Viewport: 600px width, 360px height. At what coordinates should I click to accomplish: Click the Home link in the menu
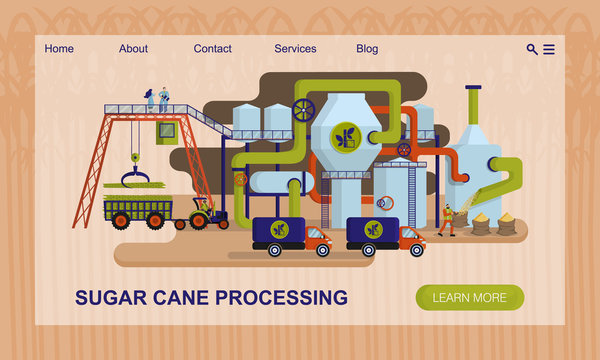[59, 49]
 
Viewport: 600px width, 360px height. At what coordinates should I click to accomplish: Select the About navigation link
[133, 49]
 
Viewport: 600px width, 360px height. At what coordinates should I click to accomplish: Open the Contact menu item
[212, 49]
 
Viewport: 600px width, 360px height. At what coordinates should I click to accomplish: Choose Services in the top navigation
[295, 49]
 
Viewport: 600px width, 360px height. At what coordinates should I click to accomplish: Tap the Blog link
[367, 49]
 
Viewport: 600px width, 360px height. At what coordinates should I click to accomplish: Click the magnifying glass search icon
[532, 49]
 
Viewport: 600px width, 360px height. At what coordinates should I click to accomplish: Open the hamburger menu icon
[549, 49]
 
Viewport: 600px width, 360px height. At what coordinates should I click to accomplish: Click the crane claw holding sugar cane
[131, 180]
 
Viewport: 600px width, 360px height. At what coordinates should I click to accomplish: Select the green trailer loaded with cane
[137, 210]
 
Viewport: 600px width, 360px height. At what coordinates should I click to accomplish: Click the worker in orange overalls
[448, 220]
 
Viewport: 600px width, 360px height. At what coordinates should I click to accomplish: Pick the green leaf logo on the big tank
[344, 138]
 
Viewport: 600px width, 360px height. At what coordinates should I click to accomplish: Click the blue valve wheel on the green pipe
[304, 109]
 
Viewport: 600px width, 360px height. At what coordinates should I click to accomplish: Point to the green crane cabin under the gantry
[166, 131]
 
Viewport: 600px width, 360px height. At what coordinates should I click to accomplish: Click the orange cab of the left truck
[317, 238]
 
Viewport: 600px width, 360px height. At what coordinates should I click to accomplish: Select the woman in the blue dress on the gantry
[150, 99]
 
